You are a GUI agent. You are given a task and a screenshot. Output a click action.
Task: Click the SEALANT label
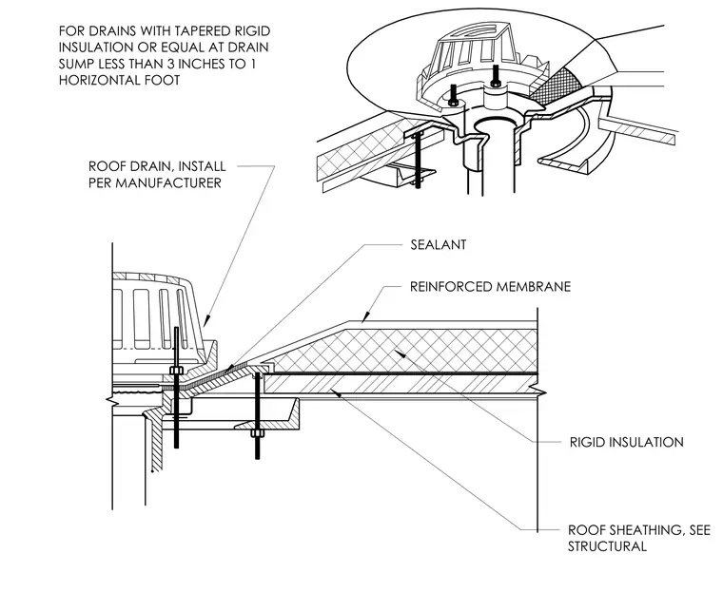coord(438,244)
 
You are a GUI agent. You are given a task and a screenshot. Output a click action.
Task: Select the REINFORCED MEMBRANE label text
coord(491,287)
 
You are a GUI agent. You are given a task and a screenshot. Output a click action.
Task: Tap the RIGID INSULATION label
coord(627,443)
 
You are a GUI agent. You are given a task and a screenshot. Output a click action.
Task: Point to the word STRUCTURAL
coord(607,546)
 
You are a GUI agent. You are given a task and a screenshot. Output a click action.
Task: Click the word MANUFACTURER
coord(168,182)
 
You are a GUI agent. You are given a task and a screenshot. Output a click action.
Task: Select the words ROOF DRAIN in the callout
coord(129,166)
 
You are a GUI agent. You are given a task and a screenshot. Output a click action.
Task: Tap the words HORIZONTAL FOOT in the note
coord(119,80)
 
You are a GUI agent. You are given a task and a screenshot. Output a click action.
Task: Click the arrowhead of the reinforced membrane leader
coord(365,317)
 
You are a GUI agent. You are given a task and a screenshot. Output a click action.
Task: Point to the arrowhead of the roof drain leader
coord(206,320)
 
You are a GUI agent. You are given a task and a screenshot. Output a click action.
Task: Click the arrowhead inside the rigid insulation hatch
coord(400,354)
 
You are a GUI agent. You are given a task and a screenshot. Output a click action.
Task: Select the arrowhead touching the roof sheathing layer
coord(337,393)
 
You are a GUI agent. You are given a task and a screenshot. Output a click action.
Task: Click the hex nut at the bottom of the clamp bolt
coord(257,433)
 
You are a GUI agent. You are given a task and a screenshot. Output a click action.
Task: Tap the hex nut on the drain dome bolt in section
coord(176,370)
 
